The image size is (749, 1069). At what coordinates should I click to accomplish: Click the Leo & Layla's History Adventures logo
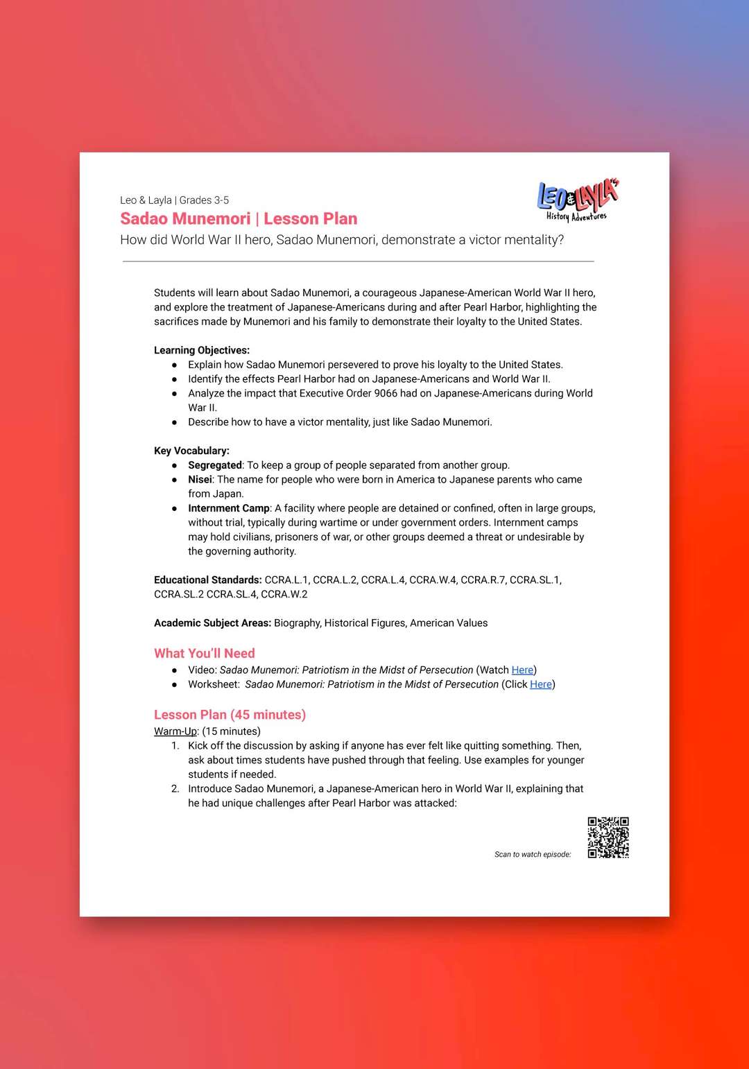coord(578,200)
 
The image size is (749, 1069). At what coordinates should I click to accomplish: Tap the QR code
coord(608,837)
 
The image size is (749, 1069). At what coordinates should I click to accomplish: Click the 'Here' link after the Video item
coord(522,670)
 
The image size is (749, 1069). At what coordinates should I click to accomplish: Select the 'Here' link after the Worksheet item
coord(541,684)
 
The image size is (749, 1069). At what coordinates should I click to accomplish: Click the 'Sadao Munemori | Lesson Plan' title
coord(239,219)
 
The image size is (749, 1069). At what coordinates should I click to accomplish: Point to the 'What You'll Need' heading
coord(205,653)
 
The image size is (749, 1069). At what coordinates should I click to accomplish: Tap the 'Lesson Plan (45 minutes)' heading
coord(230,715)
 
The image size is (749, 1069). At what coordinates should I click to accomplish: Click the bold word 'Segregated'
coord(215,465)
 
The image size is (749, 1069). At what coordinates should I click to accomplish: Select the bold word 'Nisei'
coord(200,480)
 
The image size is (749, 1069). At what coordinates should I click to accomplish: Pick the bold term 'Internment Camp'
coord(229,508)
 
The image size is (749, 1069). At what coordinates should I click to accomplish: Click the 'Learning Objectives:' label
coord(202,350)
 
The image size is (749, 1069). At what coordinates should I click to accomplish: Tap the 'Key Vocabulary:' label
coord(191,451)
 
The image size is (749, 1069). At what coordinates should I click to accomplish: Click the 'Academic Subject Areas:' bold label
coord(212,623)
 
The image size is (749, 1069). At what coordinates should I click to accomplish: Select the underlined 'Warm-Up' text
coord(175,731)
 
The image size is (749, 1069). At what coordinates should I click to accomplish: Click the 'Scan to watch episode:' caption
coord(533,854)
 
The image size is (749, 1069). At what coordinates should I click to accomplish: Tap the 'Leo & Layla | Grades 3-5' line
coord(174,200)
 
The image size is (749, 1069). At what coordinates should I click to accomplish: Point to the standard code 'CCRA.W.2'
coord(284,594)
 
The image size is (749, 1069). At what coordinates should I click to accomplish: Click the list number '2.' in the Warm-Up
coord(175,789)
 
